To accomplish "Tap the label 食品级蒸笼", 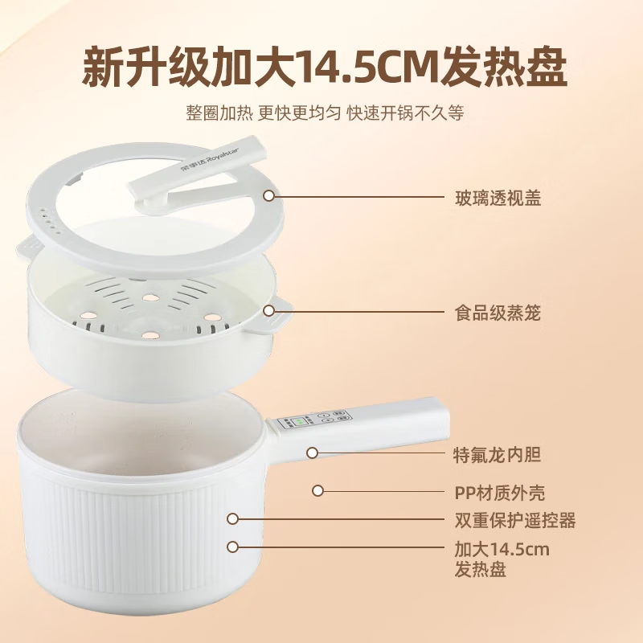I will point(498,313).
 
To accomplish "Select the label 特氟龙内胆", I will point(498,455).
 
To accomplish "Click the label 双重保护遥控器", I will point(515,521).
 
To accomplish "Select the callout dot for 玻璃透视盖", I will point(269,195).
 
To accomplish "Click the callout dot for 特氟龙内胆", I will point(313,453).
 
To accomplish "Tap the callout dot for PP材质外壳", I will point(318,489).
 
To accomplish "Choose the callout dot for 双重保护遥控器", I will point(233,519).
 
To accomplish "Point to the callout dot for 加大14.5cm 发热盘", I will point(233,547).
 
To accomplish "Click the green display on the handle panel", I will point(303,421).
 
